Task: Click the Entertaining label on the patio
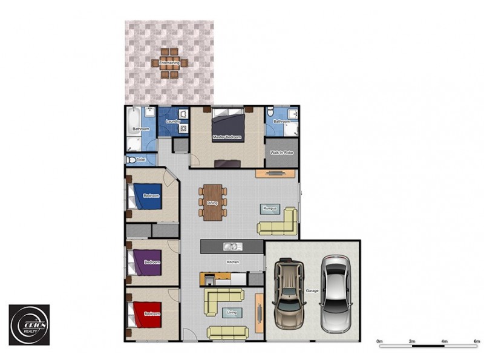pyautogui.click(x=169, y=62)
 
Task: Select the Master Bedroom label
pyautogui.click(x=227, y=137)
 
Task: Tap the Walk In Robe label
pyautogui.click(x=281, y=154)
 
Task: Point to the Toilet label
pyautogui.click(x=141, y=160)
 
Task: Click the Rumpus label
pyautogui.click(x=270, y=209)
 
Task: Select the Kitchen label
pyautogui.click(x=233, y=263)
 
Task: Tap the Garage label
pyautogui.click(x=312, y=291)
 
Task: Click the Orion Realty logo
pyautogui.click(x=28, y=324)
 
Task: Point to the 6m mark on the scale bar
pyautogui.click(x=476, y=342)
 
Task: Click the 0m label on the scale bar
pyautogui.click(x=379, y=342)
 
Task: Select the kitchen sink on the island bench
pyautogui.click(x=230, y=246)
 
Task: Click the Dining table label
pyautogui.click(x=212, y=203)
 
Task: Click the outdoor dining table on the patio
pyautogui.click(x=170, y=62)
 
